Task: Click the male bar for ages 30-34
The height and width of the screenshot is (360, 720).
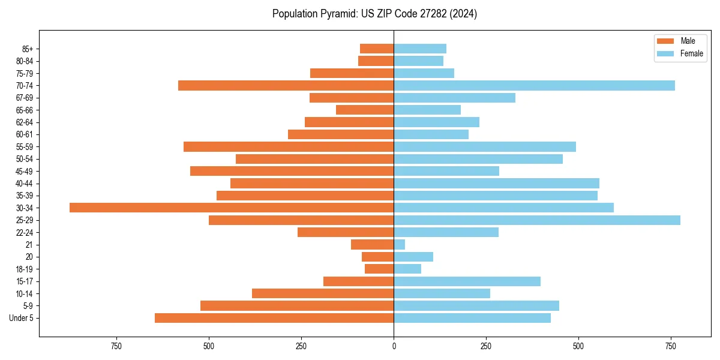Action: coord(232,208)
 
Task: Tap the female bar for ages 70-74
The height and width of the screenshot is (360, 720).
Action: coord(534,85)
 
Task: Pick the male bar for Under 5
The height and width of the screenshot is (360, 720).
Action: coord(274,318)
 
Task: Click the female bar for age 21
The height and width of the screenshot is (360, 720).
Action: coord(400,245)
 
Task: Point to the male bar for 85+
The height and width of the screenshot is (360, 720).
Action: coord(377,49)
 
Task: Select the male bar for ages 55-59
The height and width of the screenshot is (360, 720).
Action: coord(289,146)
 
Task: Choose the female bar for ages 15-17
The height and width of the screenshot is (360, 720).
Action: coord(467,281)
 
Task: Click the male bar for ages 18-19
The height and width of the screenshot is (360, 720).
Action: coord(379,269)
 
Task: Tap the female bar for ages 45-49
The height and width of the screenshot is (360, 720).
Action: coord(446,171)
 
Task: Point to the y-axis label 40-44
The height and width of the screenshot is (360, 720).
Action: coord(25,184)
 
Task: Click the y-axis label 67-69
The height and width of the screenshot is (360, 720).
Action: coord(25,98)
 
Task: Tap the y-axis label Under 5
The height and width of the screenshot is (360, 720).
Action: coord(22,318)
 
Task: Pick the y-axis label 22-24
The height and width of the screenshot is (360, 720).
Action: coord(25,233)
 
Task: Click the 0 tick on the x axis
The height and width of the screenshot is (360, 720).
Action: coord(394,346)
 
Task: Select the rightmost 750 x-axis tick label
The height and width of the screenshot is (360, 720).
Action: coord(671,346)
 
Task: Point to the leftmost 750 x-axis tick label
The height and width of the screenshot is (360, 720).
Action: coord(116,346)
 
